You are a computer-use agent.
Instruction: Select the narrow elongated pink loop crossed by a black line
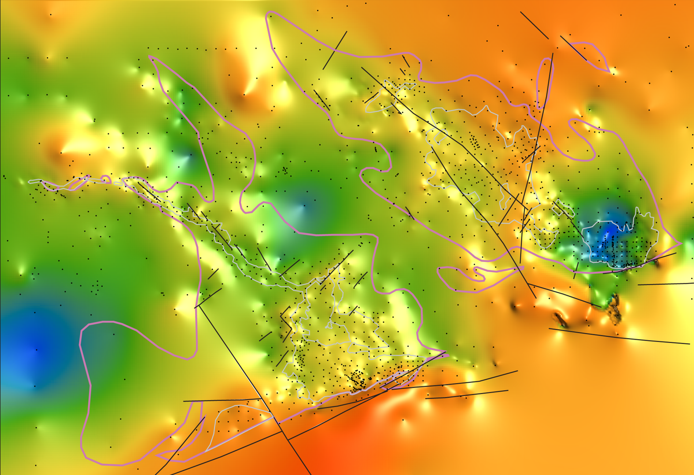click(x=545, y=83)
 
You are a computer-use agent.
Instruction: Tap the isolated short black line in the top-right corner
click(x=534, y=25)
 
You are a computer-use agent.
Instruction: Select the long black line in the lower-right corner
click(x=618, y=336)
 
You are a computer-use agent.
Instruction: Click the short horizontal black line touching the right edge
click(x=665, y=284)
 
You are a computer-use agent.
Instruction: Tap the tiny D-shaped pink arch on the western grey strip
click(x=106, y=179)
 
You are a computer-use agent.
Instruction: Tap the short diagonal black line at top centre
click(x=335, y=51)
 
